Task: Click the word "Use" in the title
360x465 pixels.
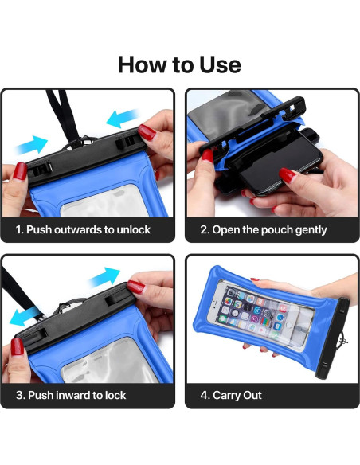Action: coord(217,64)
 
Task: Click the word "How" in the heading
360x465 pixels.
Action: coord(143,64)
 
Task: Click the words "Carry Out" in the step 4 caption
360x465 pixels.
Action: coord(237,395)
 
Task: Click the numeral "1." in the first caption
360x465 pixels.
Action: coord(20,230)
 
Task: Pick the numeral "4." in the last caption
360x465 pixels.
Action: coord(205,395)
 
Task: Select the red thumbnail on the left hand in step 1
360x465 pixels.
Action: coord(18,171)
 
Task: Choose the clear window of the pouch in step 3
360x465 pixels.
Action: coord(96,363)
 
